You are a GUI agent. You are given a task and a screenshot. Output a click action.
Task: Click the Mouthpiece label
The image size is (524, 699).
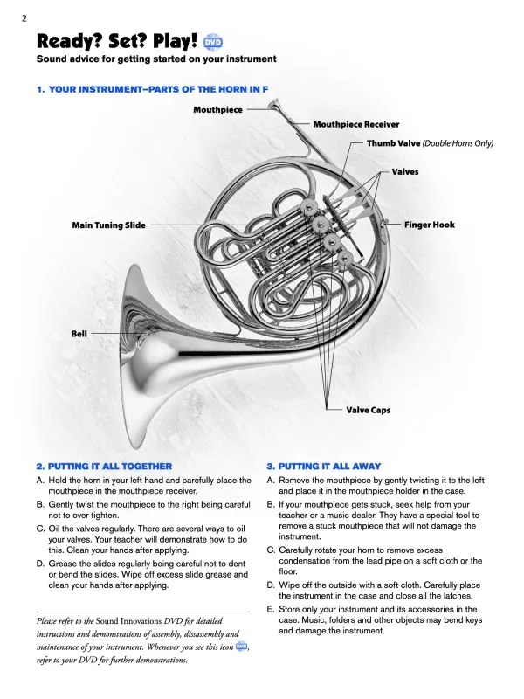217,110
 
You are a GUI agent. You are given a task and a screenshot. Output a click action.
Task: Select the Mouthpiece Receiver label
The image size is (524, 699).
355,125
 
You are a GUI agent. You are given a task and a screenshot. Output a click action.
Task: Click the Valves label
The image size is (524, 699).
404,172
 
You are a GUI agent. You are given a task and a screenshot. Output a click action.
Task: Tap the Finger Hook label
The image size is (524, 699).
429,225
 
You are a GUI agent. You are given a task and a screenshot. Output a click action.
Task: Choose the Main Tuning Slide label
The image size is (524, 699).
108,225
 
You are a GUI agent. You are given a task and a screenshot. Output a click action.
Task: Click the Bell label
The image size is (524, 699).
79,334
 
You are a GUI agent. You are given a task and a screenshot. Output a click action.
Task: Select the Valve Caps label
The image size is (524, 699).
369,409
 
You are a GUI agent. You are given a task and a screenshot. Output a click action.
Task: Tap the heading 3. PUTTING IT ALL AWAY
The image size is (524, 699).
323,467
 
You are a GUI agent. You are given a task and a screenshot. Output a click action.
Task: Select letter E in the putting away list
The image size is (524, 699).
271,608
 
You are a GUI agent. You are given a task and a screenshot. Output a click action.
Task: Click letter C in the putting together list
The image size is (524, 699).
41,529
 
